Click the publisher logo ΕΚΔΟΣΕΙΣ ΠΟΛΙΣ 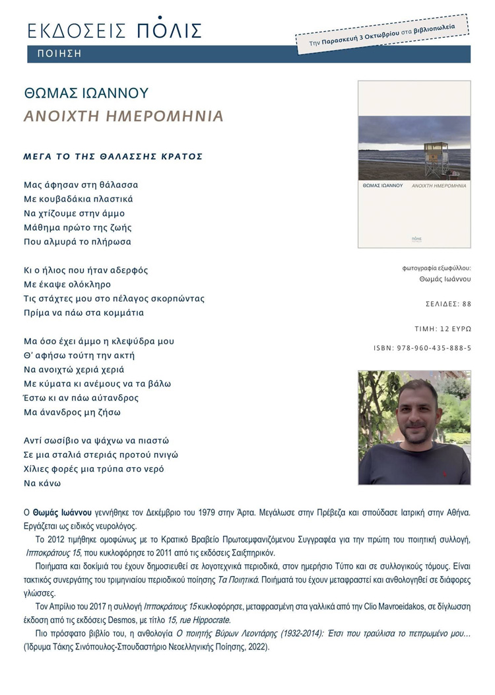coord(114,30)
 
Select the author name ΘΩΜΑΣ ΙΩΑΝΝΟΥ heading coord(86,93)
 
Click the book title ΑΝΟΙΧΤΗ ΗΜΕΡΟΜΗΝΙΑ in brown coord(123,117)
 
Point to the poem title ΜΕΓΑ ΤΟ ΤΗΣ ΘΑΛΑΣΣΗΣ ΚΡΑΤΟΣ coord(113,157)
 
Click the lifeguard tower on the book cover coord(436,157)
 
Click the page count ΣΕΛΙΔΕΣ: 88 coord(449,305)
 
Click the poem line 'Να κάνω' coord(42,483)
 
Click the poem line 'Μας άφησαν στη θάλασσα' coord(81,185)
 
